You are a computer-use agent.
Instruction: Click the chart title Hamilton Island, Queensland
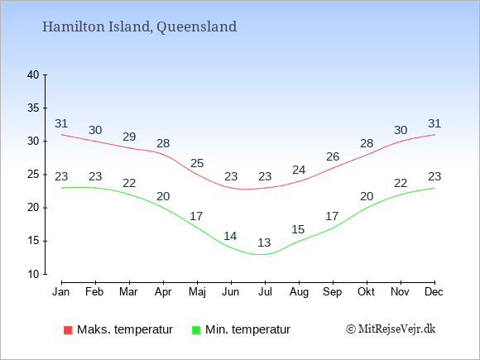click(139, 26)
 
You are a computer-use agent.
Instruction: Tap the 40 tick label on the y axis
click(33, 74)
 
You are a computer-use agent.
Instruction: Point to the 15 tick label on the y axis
click(33, 241)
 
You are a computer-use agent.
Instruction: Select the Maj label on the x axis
click(197, 292)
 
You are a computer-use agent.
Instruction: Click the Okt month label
click(366, 291)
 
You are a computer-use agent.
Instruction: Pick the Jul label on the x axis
click(265, 291)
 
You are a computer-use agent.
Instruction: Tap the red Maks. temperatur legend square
click(68, 330)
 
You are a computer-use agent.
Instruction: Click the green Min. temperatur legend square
click(196, 330)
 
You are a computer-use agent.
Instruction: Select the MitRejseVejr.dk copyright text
click(391, 329)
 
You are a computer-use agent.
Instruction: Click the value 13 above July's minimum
click(264, 242)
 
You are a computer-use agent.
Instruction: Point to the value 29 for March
click(129, 137)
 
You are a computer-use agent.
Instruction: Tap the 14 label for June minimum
click(230, 236)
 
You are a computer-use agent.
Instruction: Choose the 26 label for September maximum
click(333, 156)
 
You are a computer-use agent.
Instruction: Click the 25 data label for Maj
click(197, 163)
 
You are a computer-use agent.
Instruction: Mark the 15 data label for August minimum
click(298, 229)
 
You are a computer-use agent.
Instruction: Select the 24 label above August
click(299, 170)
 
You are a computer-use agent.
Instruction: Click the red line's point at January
click(62, 135)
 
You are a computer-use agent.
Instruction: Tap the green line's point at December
click(434, 188)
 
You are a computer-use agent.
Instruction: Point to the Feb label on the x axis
click(94, 291)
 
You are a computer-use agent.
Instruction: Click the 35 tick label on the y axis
click(33, 108)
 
